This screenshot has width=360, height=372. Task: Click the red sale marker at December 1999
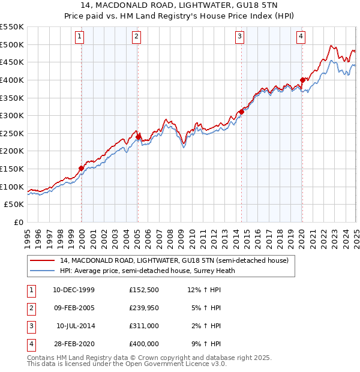82,168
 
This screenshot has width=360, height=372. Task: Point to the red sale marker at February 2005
138,137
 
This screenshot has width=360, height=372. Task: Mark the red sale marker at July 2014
241,112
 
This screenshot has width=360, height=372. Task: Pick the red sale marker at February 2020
302,80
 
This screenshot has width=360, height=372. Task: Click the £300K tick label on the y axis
12,115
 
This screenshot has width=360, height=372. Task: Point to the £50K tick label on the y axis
14,205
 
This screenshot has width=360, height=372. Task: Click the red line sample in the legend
42,261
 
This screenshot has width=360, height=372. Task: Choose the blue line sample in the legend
42,270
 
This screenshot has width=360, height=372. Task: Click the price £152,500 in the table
143,290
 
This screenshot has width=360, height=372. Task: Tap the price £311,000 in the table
143,326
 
